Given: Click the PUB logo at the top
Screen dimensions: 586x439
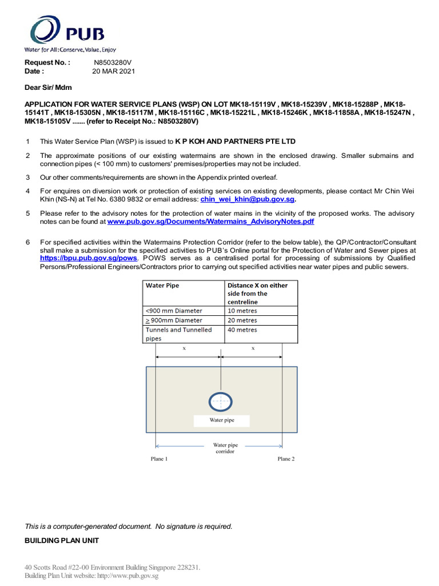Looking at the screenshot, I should (x=67, y=33).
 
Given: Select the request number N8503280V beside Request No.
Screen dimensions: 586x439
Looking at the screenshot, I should (x=113, y=62).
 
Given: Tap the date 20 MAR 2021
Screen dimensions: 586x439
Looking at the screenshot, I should (x=114, y=72).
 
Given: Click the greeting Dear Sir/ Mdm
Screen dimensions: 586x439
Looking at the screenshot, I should (x=48, y=87).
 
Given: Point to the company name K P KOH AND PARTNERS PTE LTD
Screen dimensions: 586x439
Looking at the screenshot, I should (x=235, y=141).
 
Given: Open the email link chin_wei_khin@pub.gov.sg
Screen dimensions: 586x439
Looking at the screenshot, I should (x=248, y=200).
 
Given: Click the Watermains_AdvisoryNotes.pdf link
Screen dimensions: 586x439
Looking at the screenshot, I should (x=210, y=221).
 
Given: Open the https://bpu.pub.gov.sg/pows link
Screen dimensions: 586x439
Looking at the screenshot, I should (x=89, y=258).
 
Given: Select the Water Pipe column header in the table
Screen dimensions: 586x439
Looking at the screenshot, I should (x=163, y=285).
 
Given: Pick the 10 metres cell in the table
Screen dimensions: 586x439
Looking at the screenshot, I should (x=242, y=311).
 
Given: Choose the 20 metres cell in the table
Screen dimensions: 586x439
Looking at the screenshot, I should (x=242, y=320).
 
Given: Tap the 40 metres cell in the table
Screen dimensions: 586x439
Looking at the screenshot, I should (x=242, y=330).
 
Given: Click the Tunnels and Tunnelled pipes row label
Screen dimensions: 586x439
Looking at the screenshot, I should (x=178, y=334).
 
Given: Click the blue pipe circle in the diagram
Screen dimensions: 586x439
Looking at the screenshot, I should (x=220, y=402).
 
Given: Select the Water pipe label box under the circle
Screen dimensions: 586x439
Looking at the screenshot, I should (x=221, y=420).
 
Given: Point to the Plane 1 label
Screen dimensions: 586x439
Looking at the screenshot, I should (x=159, y=459).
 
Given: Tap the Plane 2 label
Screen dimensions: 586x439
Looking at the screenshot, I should (x=286, y=459).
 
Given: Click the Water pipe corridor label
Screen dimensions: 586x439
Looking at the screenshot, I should (x=225, y=448).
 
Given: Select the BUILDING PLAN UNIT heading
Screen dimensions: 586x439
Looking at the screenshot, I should (x=62, y=541).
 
